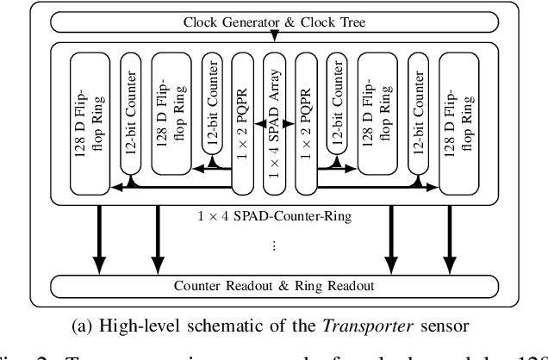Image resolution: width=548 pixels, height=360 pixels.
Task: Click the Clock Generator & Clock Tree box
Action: coord(274,22)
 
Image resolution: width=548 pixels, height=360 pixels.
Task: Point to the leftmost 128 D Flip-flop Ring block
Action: coord(90,120)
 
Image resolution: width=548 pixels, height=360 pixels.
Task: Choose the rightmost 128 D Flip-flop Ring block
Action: coord(458,120)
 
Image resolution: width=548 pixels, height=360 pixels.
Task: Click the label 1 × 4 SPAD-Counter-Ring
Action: coord(274,216)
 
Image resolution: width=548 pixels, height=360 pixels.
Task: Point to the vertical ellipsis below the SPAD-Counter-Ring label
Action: coord(274,246)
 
